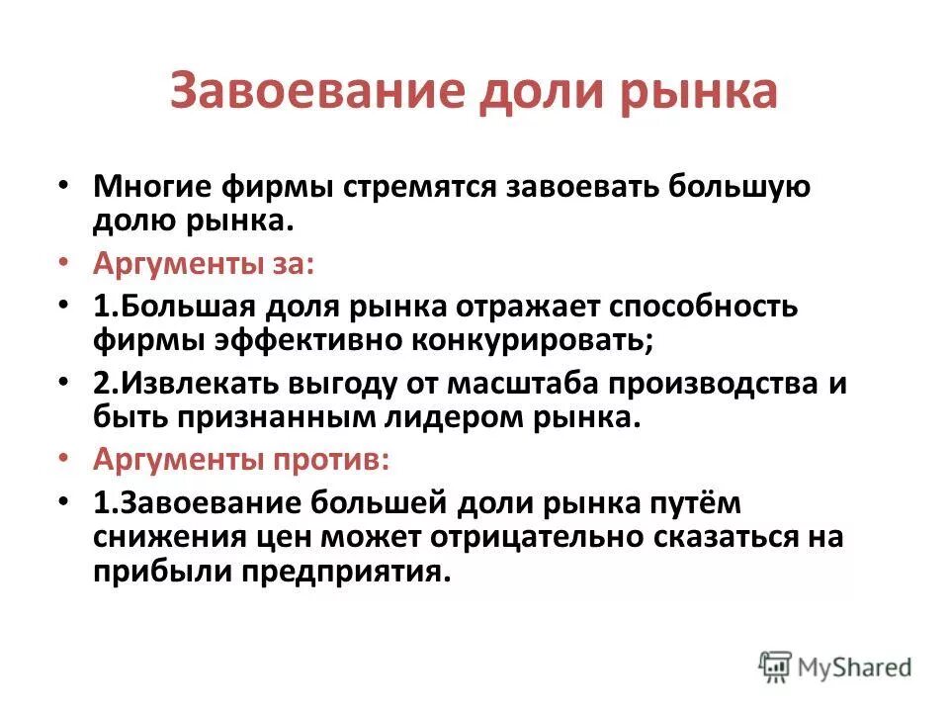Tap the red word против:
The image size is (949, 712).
tap(326, 461)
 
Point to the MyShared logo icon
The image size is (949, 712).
tap(776, 666)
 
